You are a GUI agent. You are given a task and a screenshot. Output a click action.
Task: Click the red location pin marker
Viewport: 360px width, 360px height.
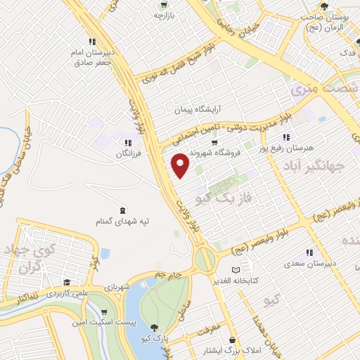click(x=180, y=165)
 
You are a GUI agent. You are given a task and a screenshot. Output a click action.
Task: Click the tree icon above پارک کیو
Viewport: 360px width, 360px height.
click(x=154, y=327)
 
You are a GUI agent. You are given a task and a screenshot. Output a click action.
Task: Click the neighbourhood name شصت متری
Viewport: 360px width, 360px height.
click(x=314, y=89)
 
